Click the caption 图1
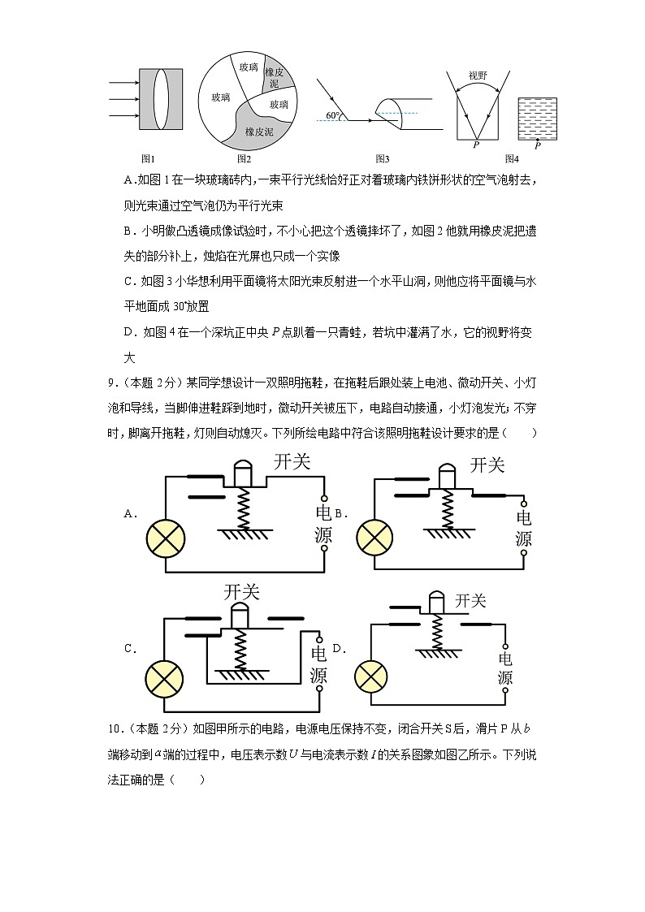coord(148,158)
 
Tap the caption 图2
coord(244,158)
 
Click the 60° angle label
coord(333,116)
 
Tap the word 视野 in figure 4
coord(478,76)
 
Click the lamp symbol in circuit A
coord(166,539)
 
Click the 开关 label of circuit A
coord(292,462)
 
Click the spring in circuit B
coord(446,508)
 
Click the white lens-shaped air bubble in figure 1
coord(161,99)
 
